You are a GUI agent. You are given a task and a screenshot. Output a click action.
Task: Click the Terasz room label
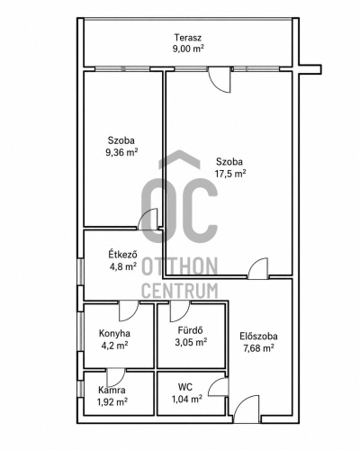(188, 38)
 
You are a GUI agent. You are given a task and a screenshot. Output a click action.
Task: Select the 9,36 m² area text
(121, 152)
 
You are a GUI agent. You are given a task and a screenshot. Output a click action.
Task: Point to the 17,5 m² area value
(230, 174)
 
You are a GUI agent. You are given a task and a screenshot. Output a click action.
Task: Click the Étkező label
(123, 255)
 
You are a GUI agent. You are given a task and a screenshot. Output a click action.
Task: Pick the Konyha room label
(114, 333)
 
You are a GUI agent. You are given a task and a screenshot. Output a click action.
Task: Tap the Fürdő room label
(191, 330)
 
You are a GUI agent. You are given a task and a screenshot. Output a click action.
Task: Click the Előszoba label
(258, 337)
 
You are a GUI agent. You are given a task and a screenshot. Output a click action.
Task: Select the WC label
(185, 387)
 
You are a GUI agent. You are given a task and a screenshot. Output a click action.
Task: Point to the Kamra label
(112, 390)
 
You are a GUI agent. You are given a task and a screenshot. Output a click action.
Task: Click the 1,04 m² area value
(186, 399)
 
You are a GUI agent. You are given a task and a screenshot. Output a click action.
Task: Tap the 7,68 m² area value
(258, 348)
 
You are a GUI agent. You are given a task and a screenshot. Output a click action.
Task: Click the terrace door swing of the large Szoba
(220, 80)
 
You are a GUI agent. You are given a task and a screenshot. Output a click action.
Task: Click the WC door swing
(219, 387)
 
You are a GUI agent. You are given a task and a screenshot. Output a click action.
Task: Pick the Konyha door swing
(129, 311)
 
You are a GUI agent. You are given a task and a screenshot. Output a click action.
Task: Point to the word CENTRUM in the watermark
(179, 291)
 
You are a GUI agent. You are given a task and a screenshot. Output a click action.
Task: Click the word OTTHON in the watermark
(179, 266)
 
